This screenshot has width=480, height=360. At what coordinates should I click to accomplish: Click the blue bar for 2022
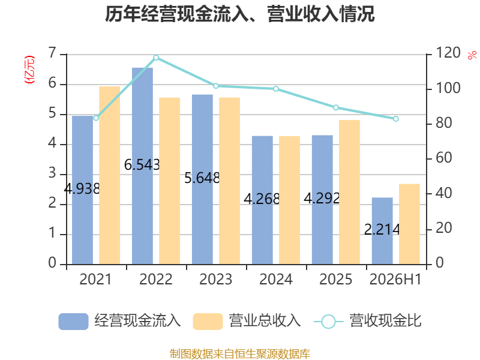click(142, 166)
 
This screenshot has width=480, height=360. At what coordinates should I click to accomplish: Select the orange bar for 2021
click(110, 175)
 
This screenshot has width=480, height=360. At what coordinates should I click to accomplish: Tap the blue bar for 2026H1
click(382, 231)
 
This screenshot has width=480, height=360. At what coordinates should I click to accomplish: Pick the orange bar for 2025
click(350, 192)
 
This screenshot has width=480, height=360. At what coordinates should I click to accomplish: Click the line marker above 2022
click(156, 58)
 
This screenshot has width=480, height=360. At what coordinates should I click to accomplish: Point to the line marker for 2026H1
click(396, 119)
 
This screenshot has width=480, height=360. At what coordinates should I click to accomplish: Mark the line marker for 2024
click(276, 89)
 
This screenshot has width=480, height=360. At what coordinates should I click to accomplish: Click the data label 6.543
click(142, 165)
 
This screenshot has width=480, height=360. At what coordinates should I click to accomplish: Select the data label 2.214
click(382, 230)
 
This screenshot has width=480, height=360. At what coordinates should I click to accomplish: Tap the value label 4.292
click(322, 199)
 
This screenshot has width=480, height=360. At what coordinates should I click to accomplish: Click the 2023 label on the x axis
click(216, 280)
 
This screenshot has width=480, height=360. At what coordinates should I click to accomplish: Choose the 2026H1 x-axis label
click(395, 280)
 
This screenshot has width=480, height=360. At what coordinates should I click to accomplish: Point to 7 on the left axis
click(52, 53)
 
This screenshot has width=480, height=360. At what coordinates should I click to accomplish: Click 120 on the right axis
click(448, 53)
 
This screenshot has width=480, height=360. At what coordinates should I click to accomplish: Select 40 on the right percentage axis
click(443, 193)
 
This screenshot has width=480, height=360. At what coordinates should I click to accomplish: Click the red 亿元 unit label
click(29, 70)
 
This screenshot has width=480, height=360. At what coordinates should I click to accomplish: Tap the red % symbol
click(472, 55)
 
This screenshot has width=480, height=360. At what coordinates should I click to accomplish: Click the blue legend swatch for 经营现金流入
click(73, 322)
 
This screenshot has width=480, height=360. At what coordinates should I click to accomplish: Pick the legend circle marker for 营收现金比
click(328, 322)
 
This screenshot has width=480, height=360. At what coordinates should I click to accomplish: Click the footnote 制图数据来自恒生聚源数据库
click(240, 354)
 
